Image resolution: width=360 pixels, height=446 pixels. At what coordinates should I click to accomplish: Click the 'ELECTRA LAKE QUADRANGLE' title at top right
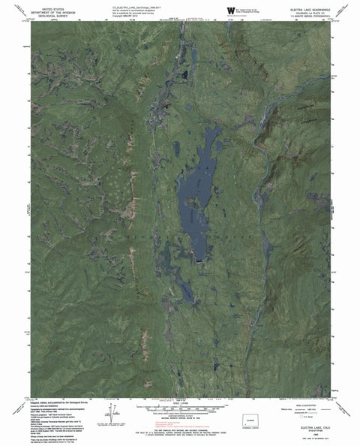[318, 8]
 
